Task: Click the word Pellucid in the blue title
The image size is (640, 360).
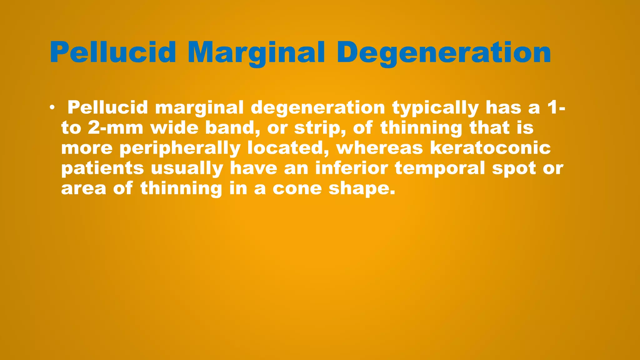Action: pyautogui.click(x=113, y=52)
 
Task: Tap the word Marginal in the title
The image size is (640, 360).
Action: pyautogui.click(x=256, y=52)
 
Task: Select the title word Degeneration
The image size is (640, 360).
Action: pyautogui.click(x=444, y=52)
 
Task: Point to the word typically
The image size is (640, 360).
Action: pyautogui.click(x=435, y=108)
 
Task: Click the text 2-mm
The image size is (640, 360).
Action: pyautogui.click(x=116, y=128)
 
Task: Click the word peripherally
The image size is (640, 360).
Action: pyautogui.click(x=180, y=148)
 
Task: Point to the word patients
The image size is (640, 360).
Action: pyautogui.click(x=102, y=168)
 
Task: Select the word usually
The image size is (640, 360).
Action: pyautogui.click(x=187, y=169)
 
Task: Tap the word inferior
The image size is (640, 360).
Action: pyautogui.click(x=352, y=168)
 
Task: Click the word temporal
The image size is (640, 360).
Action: pyautogui.click(x=440, y=169)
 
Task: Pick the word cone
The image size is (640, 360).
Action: pyautogui.click(x=297, y=189)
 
